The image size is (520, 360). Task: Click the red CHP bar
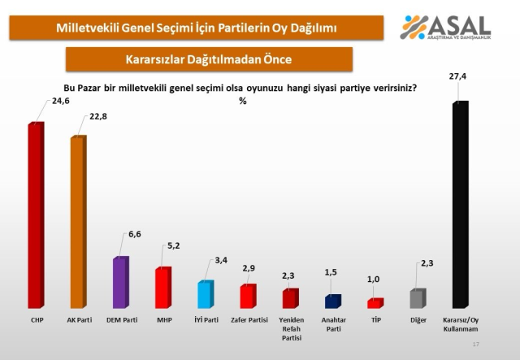36,215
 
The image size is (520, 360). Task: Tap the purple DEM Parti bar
120,282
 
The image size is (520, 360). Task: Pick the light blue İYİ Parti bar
205,294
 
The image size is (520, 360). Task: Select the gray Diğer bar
417,298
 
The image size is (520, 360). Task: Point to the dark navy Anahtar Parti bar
332,301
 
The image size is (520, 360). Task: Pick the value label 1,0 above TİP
373,280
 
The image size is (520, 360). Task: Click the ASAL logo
446,29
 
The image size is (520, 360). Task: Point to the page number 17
476,345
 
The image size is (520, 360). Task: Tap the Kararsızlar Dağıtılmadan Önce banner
209,59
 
